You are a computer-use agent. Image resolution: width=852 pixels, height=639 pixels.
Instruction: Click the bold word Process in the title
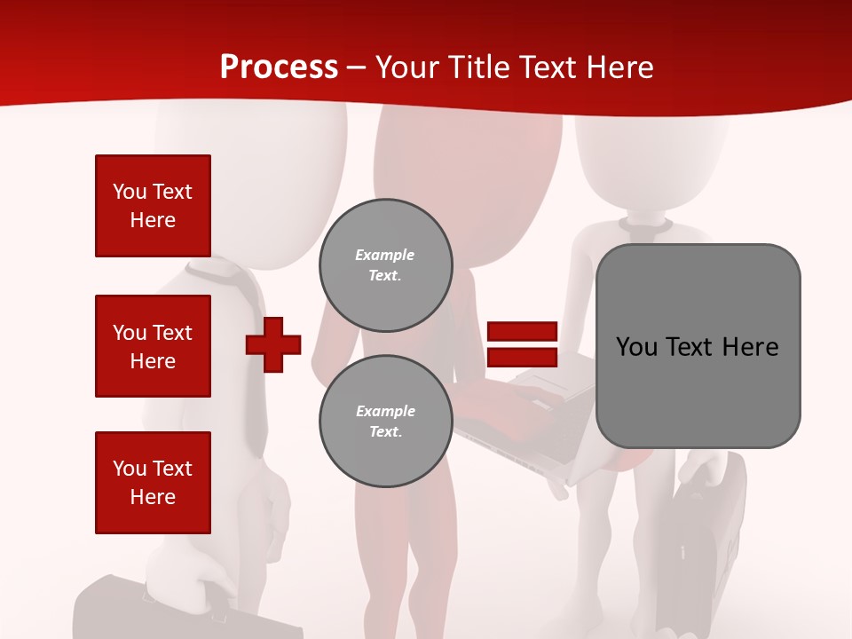tap(279, 67)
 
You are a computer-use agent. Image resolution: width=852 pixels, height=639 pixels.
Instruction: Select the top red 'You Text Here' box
tap(153, 206)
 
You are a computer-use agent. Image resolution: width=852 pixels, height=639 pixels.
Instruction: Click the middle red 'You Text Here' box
tap(153, 346)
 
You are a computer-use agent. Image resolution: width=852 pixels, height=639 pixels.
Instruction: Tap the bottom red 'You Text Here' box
tap(153, 483)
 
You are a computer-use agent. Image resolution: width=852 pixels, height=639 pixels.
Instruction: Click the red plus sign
tap(273, 344)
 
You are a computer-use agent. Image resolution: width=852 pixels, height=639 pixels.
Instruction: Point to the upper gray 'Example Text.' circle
tap(386, 265)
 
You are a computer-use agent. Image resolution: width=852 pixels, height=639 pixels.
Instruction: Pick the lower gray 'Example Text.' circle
tap(386, 422)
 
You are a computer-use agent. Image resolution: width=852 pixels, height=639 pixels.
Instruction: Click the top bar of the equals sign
tap(522, 332)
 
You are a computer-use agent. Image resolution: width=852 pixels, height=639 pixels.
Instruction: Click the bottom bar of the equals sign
tap(522, 358)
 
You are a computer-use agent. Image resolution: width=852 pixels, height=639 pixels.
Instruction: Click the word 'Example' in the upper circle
tap(385, 255)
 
